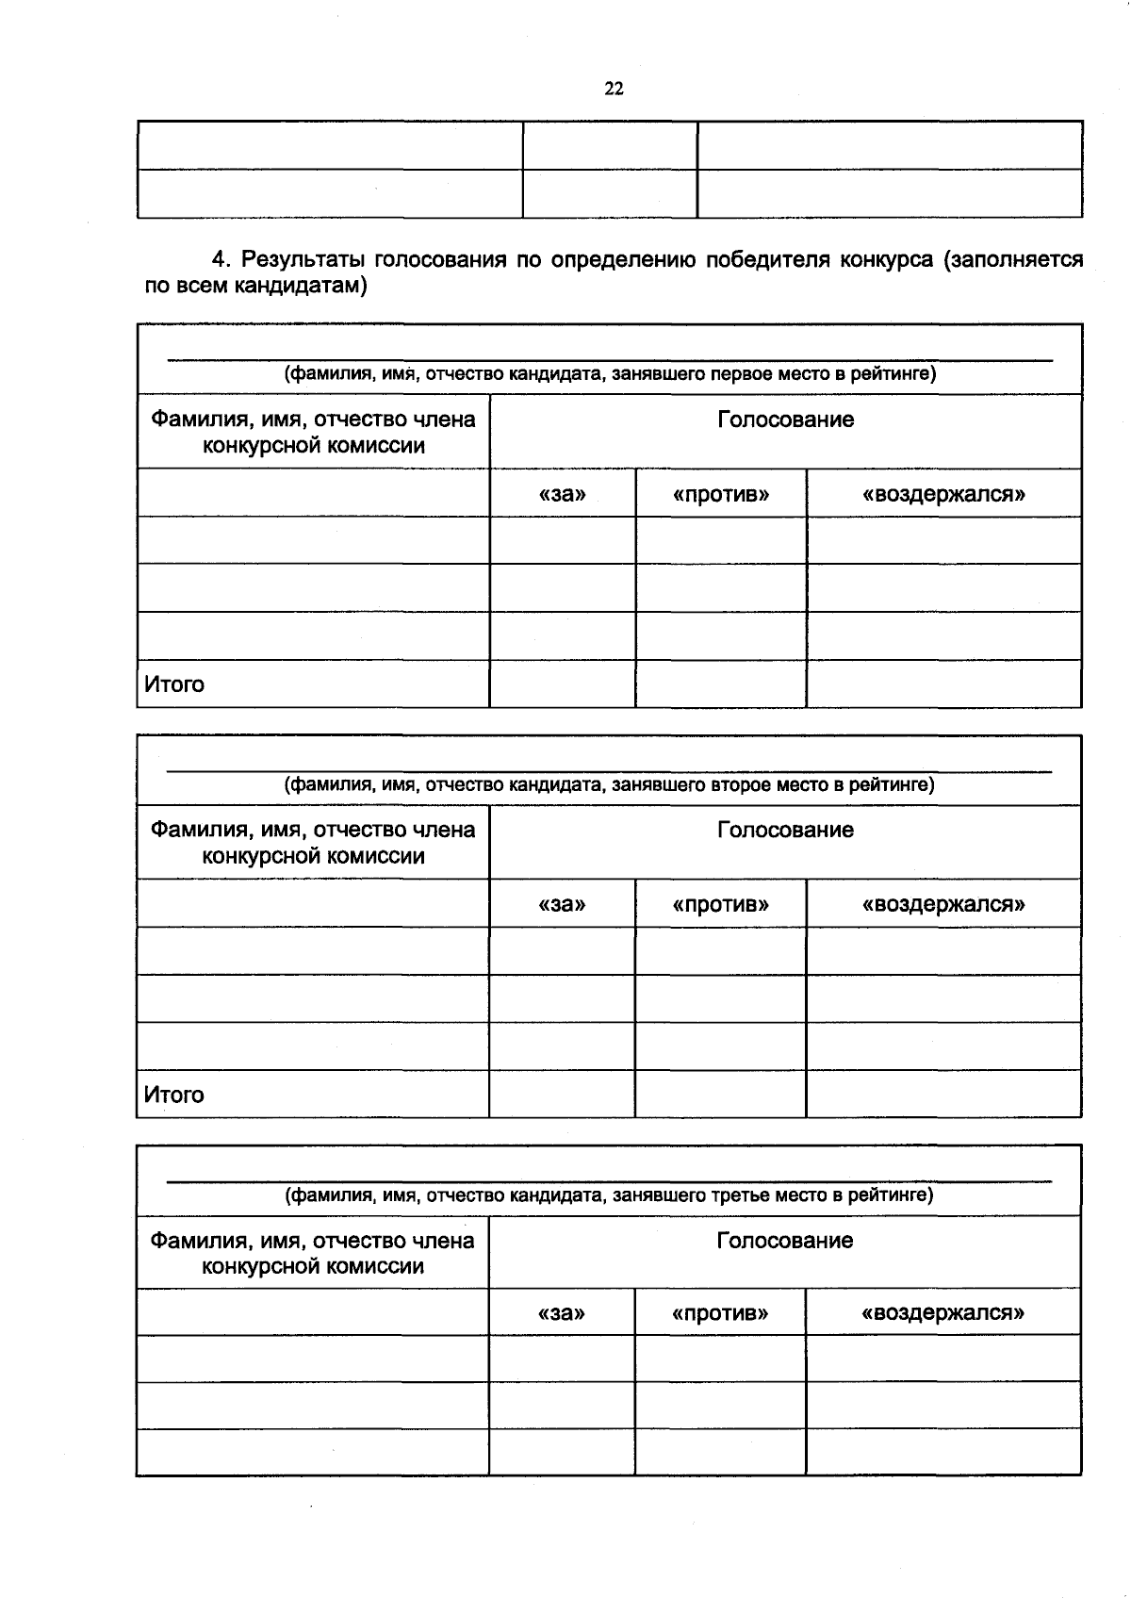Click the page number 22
[614, 89]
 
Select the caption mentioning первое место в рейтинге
[610, 373]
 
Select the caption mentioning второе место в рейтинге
[610, 784]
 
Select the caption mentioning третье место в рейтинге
[610, 1195]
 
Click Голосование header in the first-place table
[785, 420]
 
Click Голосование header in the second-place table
[785, 830]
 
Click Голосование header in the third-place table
[784, 1241]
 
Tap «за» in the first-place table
[562, 494]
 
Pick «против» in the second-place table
[720, 905]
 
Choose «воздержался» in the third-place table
[942, 1312]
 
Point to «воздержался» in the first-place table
[943, 494]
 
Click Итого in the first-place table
[174, 684]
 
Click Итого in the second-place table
[174, 1095]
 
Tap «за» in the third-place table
[561, 1312]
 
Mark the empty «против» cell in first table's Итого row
[721, 684]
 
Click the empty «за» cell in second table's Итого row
[562, 1094]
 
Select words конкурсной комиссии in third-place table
[313, 1266]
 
